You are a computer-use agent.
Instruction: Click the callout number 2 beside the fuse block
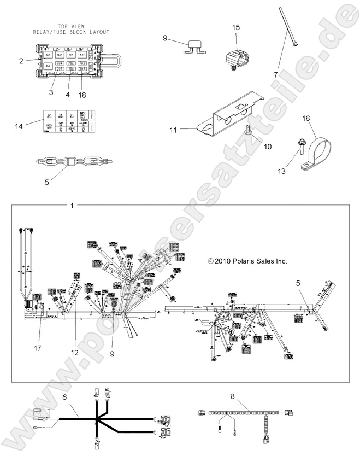[x=20, y=61]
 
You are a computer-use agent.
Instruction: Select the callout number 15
[x=235, y=27]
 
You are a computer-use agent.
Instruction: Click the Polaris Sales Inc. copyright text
[x=247, y=261]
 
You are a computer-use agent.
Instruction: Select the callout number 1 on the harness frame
[x=72, y=205]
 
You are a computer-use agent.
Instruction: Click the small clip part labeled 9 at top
[x=194, y=48]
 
